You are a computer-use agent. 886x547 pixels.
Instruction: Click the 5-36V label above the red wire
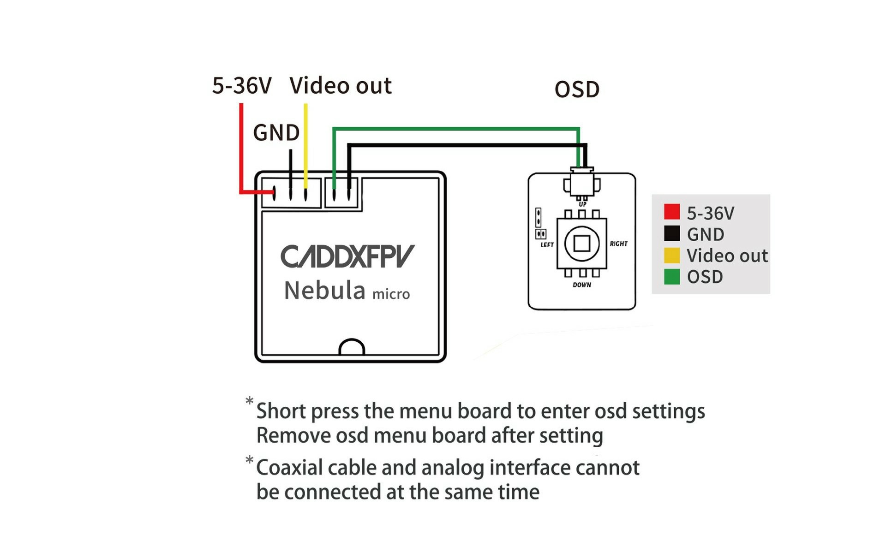(242, 86)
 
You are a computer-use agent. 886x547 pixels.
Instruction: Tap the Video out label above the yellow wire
(341, 86)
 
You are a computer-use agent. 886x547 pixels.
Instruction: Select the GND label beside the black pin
(276, 133)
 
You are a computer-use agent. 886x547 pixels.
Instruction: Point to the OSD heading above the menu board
(577, 89)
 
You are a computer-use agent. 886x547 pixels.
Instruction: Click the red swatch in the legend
(672, 212)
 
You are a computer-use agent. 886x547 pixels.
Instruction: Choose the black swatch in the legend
(672, 233)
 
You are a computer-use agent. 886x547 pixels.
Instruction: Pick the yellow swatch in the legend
(672, 255)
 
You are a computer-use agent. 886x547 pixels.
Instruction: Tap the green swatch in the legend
(672, 277)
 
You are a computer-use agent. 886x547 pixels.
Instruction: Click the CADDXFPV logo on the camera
(347, 256)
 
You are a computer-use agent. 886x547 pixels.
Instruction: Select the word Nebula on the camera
(324, 291)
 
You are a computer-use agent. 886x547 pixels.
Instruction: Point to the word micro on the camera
(391, 294)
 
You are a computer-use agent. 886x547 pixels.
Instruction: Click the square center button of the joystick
(581, 243)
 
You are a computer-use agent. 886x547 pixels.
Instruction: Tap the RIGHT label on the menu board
(618, 244)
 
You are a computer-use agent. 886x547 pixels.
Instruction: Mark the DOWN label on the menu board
(582, 285)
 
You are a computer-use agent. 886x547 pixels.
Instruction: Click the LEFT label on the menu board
(547, 245)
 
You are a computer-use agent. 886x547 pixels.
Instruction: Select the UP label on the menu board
(582, 204)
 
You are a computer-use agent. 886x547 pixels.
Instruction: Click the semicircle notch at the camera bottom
(352, 347)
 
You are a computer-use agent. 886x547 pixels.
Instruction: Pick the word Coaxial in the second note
(289, 468)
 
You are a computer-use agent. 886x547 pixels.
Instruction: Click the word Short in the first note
(281, 411)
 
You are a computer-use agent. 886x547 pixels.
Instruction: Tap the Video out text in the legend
(727, 256)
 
